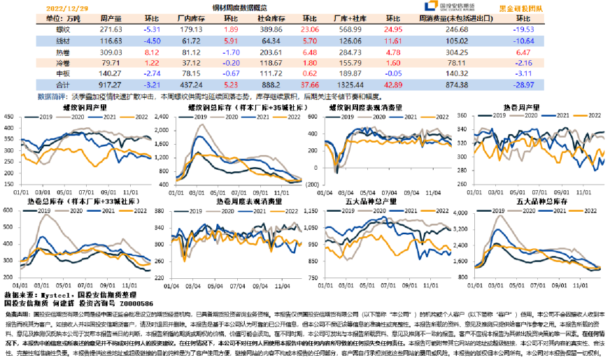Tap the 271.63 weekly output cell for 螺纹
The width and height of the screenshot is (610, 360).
[x=111, y=30]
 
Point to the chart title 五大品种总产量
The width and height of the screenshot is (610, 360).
[x=374, y=202]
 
